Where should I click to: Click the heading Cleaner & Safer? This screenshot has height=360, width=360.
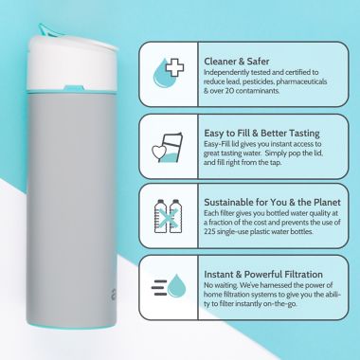pos(237,62)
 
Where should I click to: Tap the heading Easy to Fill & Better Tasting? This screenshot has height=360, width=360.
pos(261,134)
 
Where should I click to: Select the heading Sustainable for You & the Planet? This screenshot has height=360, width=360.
pos(272,202)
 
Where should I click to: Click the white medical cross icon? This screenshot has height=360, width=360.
pos(174,68)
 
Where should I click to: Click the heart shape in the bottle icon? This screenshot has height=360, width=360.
pos(158,153)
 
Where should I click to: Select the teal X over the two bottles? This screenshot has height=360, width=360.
pos(168,217)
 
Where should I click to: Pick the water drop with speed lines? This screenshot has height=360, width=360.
pos(176,286)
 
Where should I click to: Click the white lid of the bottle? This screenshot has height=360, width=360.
pos(71,64)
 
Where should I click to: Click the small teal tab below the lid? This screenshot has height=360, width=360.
pos(74,88)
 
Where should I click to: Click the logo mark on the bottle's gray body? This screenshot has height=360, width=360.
pos(114,295)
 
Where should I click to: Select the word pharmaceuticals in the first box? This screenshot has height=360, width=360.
pos(297,81)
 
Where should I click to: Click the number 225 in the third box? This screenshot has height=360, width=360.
pos(209,231)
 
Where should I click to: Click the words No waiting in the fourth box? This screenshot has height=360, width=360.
pos(221,285)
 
